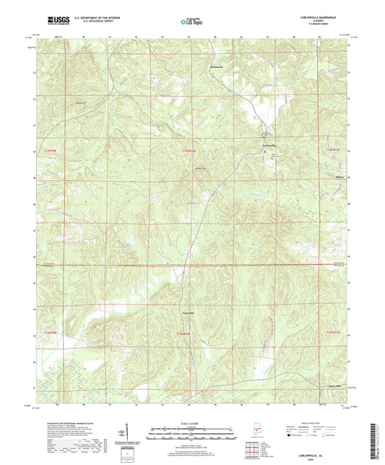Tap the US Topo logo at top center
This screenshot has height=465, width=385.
pos(191,22)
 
